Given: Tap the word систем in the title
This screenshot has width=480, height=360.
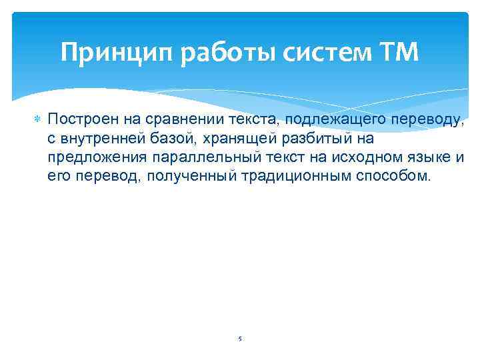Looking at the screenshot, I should pos(317,53).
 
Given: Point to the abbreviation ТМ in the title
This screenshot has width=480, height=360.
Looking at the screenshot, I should pos(398,53).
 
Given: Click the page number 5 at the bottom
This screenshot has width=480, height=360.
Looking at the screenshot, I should pos(240,339).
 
